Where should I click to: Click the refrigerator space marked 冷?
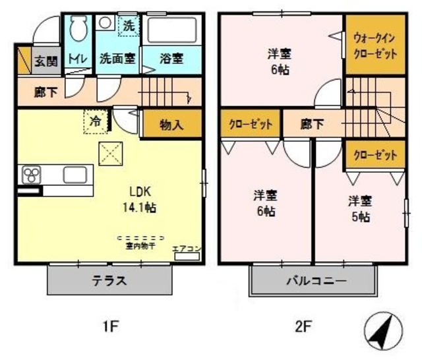(x=96, y=121)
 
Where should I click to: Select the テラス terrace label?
(x=109, y=280)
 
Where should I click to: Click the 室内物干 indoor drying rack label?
(x=140, y=246)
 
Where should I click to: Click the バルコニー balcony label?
(x=315, y=281)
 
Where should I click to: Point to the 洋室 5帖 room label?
(x=359, y=208)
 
